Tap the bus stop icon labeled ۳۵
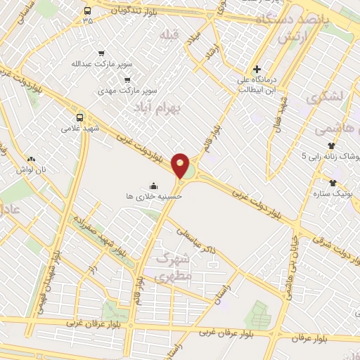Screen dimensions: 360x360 click(x=87, y=11)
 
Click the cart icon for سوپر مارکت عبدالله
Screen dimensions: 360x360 click(x=102, y=53)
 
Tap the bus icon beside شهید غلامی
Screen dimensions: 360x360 click(x=79, y=117)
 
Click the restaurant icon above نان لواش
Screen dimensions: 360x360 click(x=30, y=159)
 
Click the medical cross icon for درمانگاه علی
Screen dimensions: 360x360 click(x=257, y=70)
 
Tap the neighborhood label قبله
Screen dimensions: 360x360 click(x=169, y=34)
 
